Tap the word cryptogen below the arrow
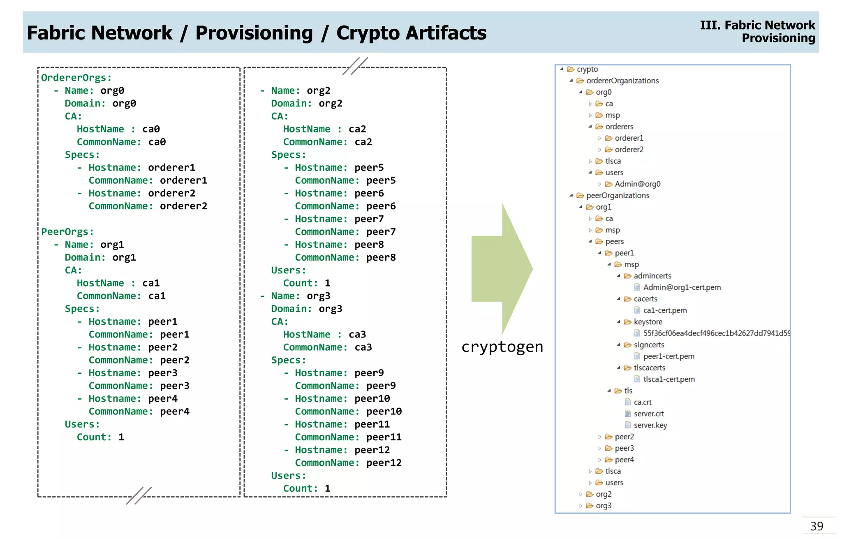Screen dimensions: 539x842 pos(502,347)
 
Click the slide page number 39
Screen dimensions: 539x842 pos(817,526)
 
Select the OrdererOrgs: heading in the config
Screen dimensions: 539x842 pos(76,78)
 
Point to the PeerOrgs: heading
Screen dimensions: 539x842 pos(67,232)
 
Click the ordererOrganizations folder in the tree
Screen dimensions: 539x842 pos(622,81)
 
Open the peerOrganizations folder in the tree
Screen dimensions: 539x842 pos(617,195)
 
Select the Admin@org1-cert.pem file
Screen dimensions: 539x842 pos(681,287)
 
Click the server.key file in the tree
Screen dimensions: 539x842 pos(650,425)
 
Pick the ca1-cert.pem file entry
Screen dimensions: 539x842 pos(664,310)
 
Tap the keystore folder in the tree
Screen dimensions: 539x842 pos(648,322)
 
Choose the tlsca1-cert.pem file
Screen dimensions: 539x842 pos(669,379)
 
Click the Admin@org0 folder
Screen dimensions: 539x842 pos(637,184)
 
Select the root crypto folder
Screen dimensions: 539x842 pos(587,69)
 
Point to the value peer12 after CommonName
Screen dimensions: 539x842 pos(384,463)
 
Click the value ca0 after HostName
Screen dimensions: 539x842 pos(151,129)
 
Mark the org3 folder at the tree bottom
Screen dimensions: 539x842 pos(603,506)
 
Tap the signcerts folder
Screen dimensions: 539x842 pos(648,345)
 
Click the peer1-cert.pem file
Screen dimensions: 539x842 pos(669,356)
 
